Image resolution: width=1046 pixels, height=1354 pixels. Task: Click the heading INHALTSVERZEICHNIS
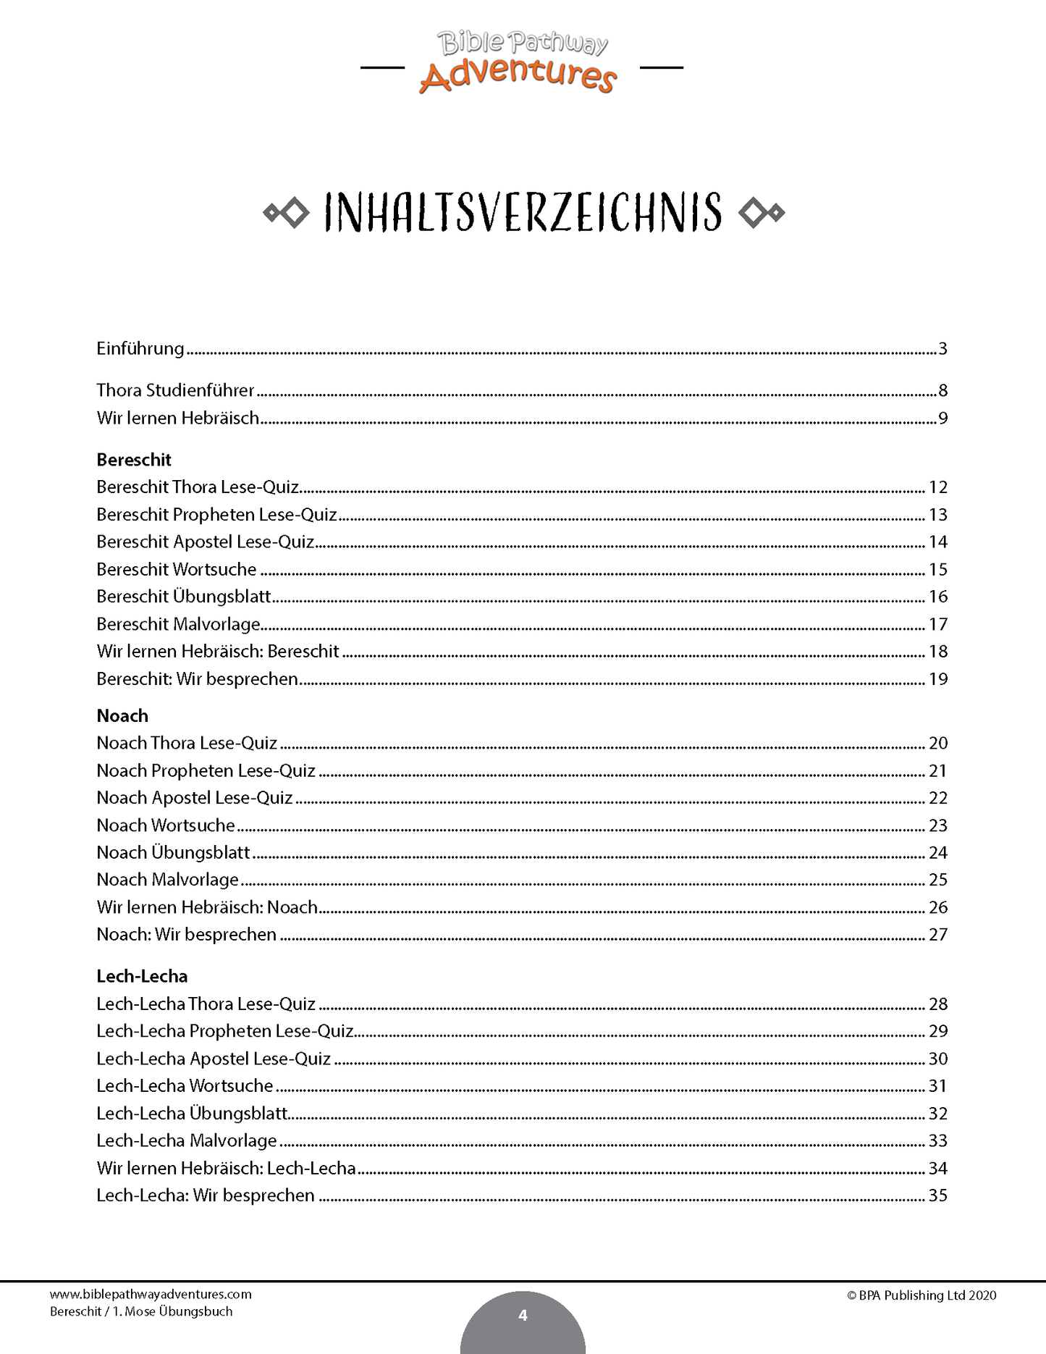point(523,213)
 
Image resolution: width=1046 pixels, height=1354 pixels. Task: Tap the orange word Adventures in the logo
point(518,76)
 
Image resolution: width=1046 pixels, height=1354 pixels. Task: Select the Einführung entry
point(140,349)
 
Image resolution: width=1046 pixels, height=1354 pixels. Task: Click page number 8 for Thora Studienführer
point(942,391)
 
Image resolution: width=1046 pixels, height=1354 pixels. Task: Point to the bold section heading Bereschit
point(134,460)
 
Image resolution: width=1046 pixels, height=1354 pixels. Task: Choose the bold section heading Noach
point(122,715)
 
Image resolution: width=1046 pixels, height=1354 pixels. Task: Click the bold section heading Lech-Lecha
point(142,976)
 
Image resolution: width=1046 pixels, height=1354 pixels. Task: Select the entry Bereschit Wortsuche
point(177,570)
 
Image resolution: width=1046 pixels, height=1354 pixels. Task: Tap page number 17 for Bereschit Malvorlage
point(938,624)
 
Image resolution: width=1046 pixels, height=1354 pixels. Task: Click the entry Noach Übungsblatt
point(173,853)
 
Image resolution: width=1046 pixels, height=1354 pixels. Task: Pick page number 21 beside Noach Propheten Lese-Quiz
point(938,771)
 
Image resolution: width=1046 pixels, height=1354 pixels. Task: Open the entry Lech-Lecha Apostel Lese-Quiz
point(214,1059)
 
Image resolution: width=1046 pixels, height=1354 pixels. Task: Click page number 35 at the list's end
point(938,1195)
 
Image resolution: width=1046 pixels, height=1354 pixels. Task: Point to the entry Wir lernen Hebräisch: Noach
point(207,907)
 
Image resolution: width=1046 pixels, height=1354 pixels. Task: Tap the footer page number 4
point(523,1316)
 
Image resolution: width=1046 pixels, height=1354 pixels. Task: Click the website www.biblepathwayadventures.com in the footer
point(151,1295)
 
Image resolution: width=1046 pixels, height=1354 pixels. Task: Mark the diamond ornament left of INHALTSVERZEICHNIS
point(287,213)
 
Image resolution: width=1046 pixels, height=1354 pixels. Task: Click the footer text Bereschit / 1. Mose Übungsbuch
point(141,1311)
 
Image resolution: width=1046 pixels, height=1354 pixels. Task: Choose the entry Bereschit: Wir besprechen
point(198,679)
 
